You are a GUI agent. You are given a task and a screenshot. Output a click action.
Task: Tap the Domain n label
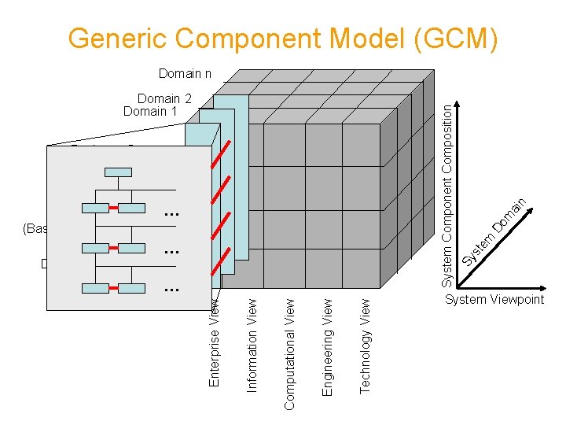pyautogui.click(x=185, y=73)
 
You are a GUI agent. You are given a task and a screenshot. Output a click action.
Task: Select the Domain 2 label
pyautogui.click(x=164, y=99)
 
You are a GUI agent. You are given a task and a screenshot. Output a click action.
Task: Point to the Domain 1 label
pyautogui.click(x=151, y=111)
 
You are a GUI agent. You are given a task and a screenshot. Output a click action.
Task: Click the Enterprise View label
pyautogui.click(x=214, y=339)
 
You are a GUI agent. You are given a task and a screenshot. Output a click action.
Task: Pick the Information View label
pyautogui.click(x=252, y=343)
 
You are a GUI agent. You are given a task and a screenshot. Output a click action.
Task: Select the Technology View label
pyautogui.click(x=365, y=344)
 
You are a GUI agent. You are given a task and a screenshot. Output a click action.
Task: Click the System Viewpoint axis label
pyautogui.click(x=494, y=300)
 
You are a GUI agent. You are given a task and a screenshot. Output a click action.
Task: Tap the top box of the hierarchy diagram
pyautogui.click(x=120, y=172)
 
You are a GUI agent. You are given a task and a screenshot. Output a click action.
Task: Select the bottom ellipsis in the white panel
pyautogui.click(x=171, y=289)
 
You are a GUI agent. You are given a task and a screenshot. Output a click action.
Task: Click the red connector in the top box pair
pyautogui.click(x=113, y=209)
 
